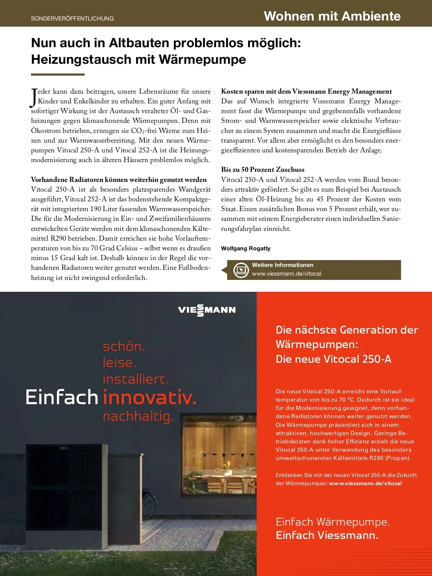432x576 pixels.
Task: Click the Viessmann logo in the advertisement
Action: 207,310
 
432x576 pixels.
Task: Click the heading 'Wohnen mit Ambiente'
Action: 332,16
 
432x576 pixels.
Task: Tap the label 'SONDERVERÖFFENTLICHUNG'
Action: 72,18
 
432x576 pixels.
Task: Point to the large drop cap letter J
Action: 34,98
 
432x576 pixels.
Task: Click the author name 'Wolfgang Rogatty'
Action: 246,248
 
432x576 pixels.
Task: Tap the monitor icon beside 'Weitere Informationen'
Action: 241,270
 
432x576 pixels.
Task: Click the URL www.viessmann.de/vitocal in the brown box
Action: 287,274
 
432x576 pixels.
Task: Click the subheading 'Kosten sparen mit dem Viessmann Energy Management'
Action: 306,91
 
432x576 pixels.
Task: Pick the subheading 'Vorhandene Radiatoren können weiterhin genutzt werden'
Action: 119,179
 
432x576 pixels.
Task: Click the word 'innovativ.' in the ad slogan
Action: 150,398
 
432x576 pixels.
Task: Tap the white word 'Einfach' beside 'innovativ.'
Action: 62,398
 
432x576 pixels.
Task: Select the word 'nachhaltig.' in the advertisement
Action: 138,416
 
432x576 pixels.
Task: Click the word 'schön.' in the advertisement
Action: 124,347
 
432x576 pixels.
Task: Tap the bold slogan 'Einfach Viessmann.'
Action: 327,535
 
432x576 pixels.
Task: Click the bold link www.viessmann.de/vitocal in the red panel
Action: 365,483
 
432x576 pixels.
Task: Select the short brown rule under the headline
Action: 58,75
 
